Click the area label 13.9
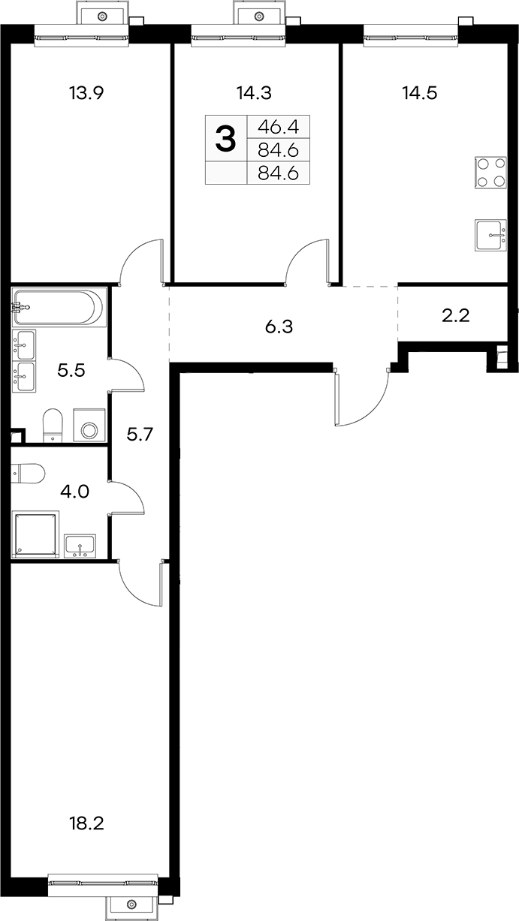(86, 93)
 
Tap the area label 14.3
(254, 93)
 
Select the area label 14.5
(419, 93)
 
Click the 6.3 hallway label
(279, 327)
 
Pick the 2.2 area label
(456, 316)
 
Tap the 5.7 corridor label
(140, 434)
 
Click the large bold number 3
(226, 139)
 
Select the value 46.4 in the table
(278, 128)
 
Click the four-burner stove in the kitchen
(490, 173)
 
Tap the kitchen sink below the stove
(490, 235)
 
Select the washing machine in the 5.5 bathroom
(89, 425)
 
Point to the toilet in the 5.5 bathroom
(53, 426)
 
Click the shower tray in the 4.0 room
(36, 534)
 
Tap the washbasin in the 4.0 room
(80, 546)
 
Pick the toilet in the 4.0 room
(28, 474)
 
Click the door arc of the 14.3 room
(303, 255)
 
